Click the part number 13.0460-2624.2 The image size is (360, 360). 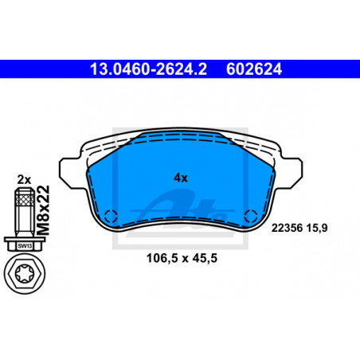coord(148,69)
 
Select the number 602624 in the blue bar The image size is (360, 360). coord(254,69)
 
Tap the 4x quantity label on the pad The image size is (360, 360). coord(181,178)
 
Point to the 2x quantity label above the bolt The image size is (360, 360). coord(24,180)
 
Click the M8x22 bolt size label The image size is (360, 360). coord(43,210)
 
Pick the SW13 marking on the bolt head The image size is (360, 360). coord(25,246)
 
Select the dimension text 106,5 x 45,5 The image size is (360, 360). coord(182,258)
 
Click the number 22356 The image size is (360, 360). coord(287,228)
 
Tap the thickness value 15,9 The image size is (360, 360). coord(317,228)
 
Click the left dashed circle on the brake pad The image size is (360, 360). coord(111,216)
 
